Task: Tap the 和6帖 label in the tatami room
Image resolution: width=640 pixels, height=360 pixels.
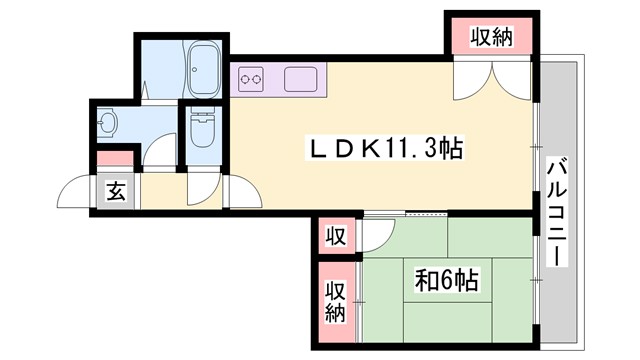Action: coord(446,282)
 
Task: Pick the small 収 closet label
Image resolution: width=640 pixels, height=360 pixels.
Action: coord(335,237)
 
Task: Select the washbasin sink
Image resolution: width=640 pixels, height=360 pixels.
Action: coord(109,124)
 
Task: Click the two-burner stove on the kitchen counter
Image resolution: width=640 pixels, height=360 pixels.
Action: coord(249,78)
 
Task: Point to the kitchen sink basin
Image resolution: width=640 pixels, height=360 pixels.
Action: coord(300,78)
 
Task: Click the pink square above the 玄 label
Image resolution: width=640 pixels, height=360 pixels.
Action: coord(116,159)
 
